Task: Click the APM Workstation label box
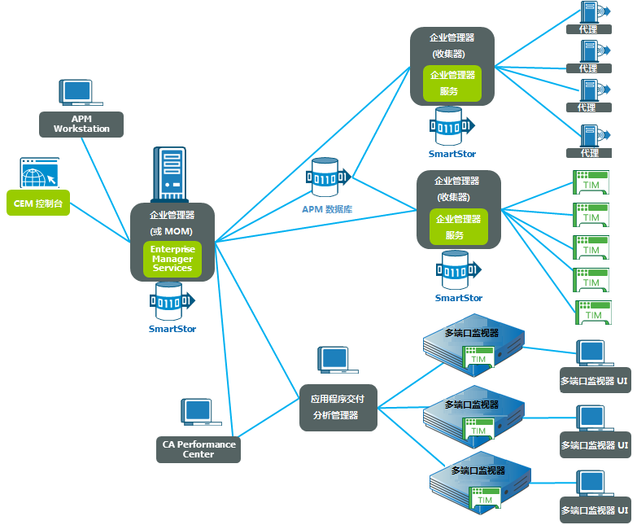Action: point(81,124)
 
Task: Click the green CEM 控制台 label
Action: point(38,203)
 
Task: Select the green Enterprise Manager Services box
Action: point(172,259)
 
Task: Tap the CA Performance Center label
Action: point(199,449)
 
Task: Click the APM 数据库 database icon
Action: point(327,178)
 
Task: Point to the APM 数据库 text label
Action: point(327,209)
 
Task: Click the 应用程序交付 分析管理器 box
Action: point(338,408)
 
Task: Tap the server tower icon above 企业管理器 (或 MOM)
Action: point(168,174)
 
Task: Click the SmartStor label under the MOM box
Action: point(172,329)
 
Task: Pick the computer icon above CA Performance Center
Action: point(200,413)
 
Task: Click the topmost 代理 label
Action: point(587,29)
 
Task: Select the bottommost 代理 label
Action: point(587,153)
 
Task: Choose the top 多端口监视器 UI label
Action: point(595,381)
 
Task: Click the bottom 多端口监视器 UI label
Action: point(595,511)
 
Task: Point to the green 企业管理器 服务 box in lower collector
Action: point(458,227)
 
